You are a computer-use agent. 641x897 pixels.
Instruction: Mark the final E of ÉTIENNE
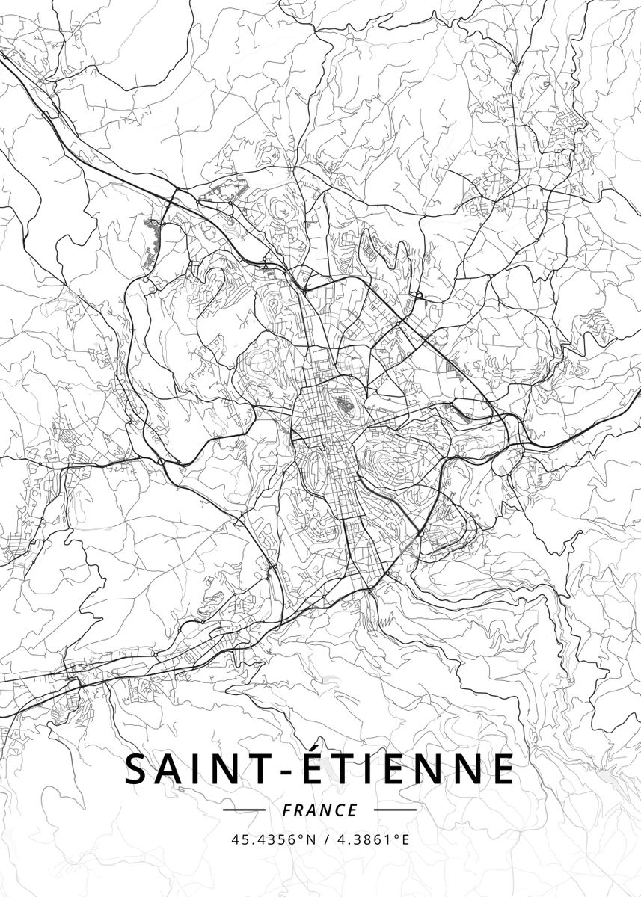point(503,770)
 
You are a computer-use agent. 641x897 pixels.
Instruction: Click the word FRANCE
point(320,810)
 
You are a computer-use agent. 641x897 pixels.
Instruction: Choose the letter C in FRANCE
point(340,810)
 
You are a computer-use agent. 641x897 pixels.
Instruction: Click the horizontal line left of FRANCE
point(245,810)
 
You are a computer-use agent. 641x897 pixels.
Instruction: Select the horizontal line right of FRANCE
point(395,810)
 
